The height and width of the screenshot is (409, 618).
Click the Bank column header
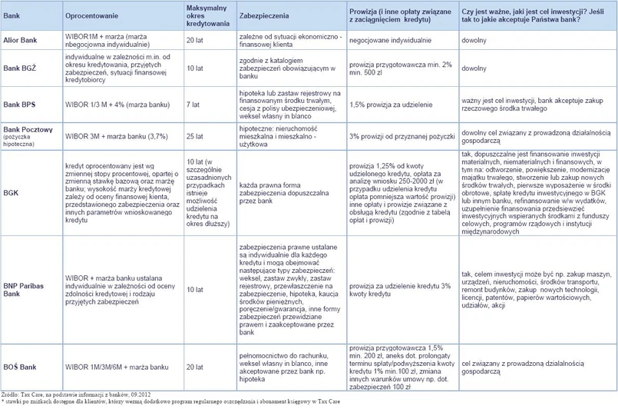[14, 13]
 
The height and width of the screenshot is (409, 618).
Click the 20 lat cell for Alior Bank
[195, 40]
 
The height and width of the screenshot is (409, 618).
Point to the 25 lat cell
[195, 135]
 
